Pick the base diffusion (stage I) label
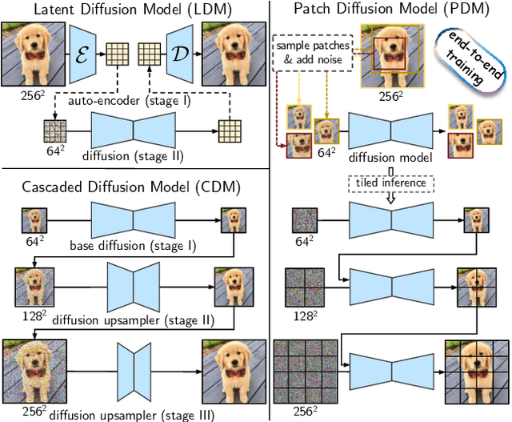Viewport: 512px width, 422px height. click(133, 243)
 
